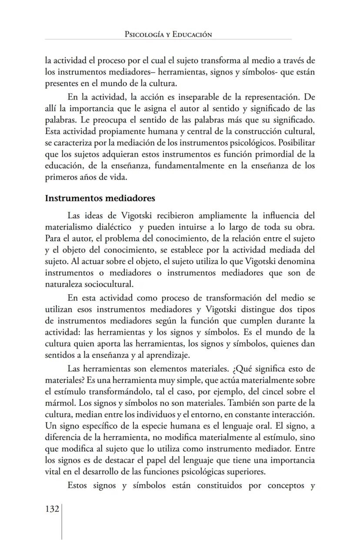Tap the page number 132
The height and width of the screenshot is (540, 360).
click(52, 509)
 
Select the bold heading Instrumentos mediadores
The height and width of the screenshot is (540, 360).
click(100, 198)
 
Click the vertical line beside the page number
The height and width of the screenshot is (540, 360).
click(61, 521)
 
